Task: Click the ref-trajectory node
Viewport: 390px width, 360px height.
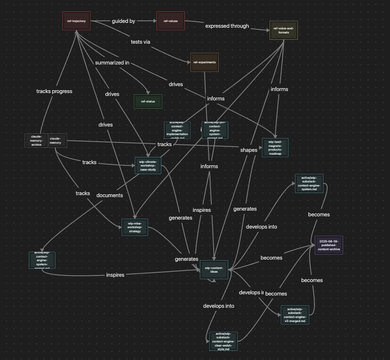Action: [76, 21]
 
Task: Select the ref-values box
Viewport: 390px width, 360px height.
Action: [171, 21]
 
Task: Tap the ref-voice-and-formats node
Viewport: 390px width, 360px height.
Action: [284, 30]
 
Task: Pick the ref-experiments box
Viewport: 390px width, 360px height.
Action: [204, 62]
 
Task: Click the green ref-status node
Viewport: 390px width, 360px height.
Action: [148, 102]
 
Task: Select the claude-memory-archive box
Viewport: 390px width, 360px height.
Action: [36, 140]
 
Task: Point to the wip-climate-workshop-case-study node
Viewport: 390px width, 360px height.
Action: [148, 166]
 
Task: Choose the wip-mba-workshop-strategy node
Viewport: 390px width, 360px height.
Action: [135, 227]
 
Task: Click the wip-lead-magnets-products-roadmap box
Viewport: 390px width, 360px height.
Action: [275, 148]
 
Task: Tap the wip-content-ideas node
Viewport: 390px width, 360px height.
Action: [214, 270]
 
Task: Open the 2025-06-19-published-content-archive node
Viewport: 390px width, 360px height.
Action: [329, 245]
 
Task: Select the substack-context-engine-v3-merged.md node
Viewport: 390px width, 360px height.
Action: [295, 315]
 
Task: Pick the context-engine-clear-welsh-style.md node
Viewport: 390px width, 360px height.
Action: [223, 342]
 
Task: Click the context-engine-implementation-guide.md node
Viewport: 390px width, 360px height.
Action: [177, 130]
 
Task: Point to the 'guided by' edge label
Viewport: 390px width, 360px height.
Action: [124, 20]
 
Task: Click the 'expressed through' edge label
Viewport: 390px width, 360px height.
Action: [227, 26]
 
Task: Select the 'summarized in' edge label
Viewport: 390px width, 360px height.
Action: [112, 63]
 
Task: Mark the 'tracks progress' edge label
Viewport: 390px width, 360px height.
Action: [54, 91]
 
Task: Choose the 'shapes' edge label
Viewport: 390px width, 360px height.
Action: [249, 150]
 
